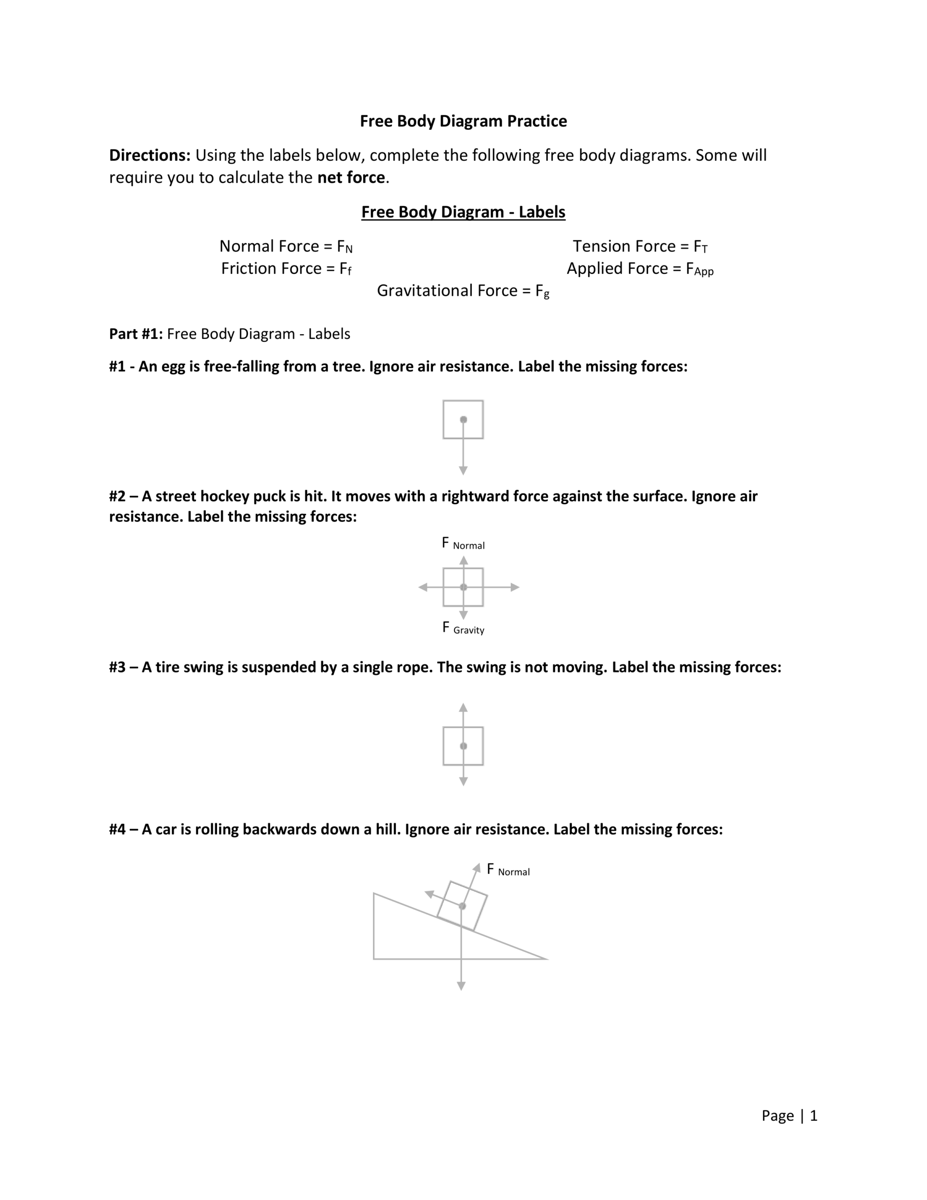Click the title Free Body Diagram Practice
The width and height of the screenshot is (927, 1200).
coord(463,121)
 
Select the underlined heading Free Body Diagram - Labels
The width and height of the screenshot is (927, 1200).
coord(463,212)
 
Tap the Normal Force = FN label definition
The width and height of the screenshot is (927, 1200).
coord(286,246)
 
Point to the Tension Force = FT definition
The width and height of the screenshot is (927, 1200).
coord(640,246)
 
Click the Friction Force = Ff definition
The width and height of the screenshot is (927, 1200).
coord(286,269)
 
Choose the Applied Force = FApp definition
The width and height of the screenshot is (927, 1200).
coord(640,269)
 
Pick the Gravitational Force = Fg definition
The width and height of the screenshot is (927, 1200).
coord(463,291)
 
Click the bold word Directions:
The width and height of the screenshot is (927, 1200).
coord(150,156)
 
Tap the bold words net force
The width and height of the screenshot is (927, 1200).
coord(351,178)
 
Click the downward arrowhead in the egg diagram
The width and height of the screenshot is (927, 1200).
coord(463,471)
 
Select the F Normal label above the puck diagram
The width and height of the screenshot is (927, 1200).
coord(463,544)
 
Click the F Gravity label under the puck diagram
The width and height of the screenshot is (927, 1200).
coord(463,629)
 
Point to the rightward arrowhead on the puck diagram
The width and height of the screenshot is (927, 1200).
coord(515,587)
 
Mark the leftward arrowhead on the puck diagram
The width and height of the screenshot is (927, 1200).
coord(423,587)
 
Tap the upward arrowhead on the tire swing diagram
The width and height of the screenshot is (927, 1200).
coord(463,707)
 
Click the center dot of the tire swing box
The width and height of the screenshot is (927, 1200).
coord(463,746)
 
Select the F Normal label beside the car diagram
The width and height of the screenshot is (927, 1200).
coord(508,870)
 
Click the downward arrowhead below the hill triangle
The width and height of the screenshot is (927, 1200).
coord(462,987)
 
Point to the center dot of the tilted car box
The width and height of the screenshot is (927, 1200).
coord(462,906)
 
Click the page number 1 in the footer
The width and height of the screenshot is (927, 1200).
coord(814,1116)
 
